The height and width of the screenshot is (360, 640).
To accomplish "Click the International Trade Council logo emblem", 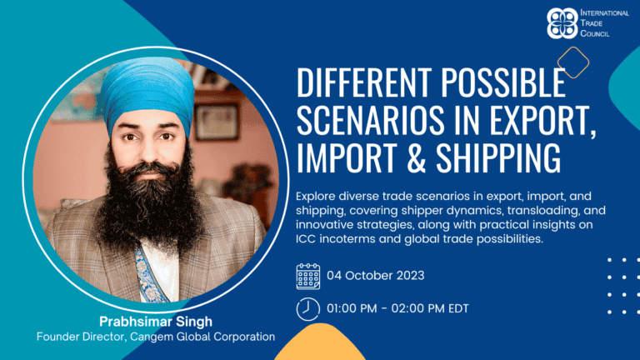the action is pyautogui.click(x=562, y=23).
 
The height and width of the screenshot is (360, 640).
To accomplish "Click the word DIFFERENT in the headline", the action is pyautogui.click(x=364, y=82).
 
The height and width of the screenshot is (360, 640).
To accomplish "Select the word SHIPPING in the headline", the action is pyautogui.click(x=498, y=157).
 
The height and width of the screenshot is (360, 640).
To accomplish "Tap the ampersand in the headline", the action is pyautogui.click(x=416, y=157).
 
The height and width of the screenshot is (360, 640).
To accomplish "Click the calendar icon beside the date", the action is pyautogui.click(x=308, y=277).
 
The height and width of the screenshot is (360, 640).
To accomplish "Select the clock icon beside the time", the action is pyautogui.click(x=308, y=309).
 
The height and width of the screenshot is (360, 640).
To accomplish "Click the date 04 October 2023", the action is pyautogui.click(x=376, y=276).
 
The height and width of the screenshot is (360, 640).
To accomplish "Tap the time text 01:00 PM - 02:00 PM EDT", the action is pyautogui.click(x=397, y=308).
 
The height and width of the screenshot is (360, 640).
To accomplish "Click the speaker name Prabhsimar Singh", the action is pyautogui.click(x=156, y=322).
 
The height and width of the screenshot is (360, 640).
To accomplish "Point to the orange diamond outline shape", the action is pyautogui.click(x=573, y=62).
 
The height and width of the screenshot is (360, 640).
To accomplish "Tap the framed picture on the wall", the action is pyautogui.click(x=217, y=122).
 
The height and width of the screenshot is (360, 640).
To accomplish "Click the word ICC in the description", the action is pyautogui.click(x=306, y=239).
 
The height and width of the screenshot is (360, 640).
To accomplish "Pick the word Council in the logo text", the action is pyautogui.click(x=595, y=33).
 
